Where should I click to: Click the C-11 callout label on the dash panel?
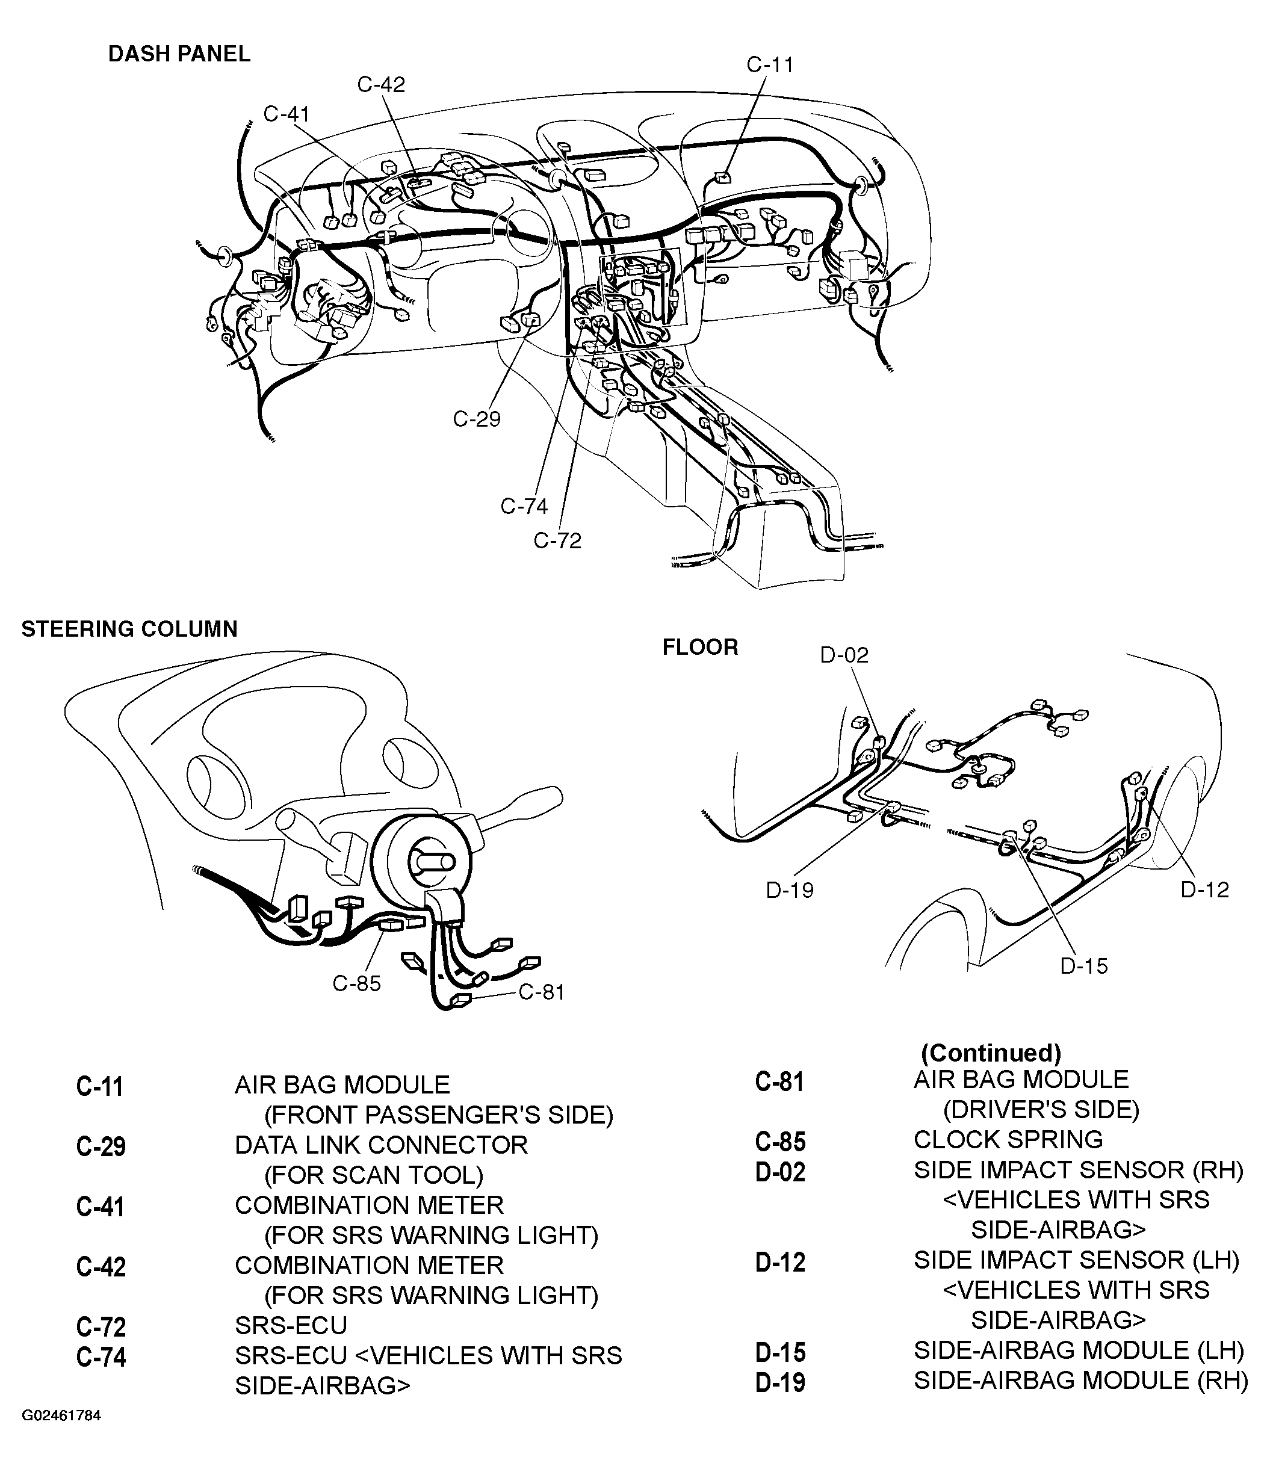pos(770,65)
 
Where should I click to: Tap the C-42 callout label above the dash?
pos(381,85)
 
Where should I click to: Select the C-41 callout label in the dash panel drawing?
pos(287,114)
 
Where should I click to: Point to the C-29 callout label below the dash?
pos(477,419)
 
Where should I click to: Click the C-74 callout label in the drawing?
pos(524,507)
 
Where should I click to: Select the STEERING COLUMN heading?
pos(129,629)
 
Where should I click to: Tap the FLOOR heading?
pos(700,647)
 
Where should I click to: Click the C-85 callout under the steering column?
pos(357,983)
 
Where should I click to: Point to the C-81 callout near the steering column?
pos(542,992)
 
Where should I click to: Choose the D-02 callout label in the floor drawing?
pos(844,655)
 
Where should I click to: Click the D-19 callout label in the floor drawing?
pos(790,890)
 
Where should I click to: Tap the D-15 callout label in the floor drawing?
pos(1085,966)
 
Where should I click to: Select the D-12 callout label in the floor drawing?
pos(1205,890)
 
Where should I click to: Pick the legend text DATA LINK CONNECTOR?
pos(381,1145)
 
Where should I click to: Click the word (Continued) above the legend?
pos(991,1054)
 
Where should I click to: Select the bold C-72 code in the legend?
pos(101,1326)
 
